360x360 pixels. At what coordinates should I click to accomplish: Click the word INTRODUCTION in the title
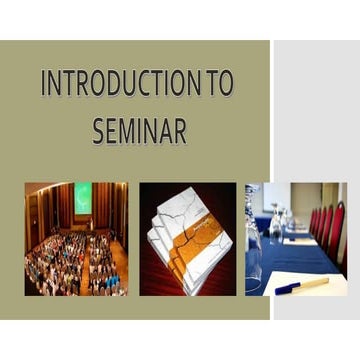pyautogui.click(x=121, y=85)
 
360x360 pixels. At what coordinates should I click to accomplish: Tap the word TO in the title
pyautogui.click(x=218, y=85)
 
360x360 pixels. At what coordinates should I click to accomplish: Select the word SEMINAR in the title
pyautogui.click(x=139, y=131)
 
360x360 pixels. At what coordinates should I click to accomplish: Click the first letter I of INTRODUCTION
pyautogui.click(x=44, y=85)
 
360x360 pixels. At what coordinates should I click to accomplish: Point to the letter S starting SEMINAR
pyautogui.click(x=98, y=131)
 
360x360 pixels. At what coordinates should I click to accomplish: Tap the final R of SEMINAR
pyautogui.click(x=180, y=131)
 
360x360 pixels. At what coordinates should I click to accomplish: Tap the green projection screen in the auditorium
pyautogui.click(x=82, y=197)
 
